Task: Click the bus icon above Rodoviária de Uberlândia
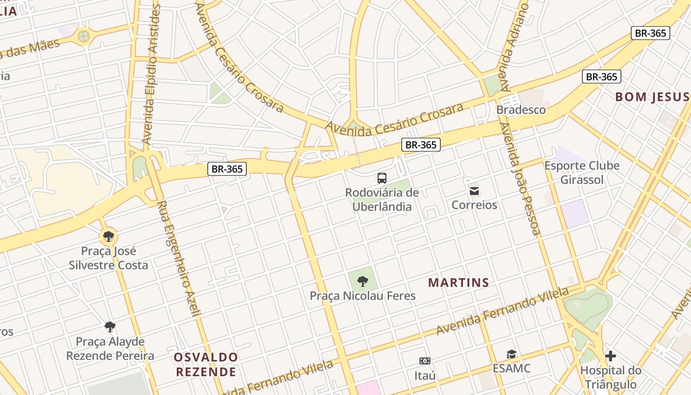point(382,178)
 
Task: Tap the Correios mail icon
point(474,191)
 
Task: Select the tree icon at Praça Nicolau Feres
point(363,281)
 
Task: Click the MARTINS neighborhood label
point(459,283)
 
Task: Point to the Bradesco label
point(521,110)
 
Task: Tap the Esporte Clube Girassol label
point(582,173)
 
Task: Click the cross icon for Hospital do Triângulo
point(611,355)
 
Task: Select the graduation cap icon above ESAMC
point(511,355)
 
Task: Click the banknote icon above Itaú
point(424,361)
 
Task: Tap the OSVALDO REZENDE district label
point(206,364)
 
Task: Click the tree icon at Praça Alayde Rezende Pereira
point(110,326)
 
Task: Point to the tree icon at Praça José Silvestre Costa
point(109,237)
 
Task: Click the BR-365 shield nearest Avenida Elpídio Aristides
point(227,169)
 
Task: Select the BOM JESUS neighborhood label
point(652,97)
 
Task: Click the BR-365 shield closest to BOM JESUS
point(601,77)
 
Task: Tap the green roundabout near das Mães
point(84,36)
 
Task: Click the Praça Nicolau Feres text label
point(362,296)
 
